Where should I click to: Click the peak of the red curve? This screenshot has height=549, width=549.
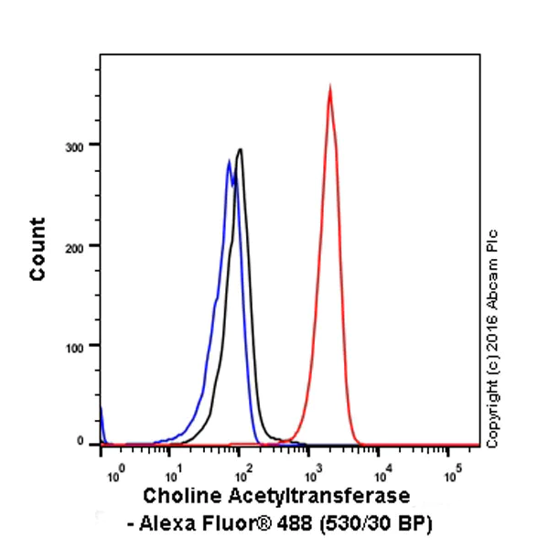point(329,87)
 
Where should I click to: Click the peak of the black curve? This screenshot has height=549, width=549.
point(240,149)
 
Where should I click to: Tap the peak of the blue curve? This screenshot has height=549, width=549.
point(229,162)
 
